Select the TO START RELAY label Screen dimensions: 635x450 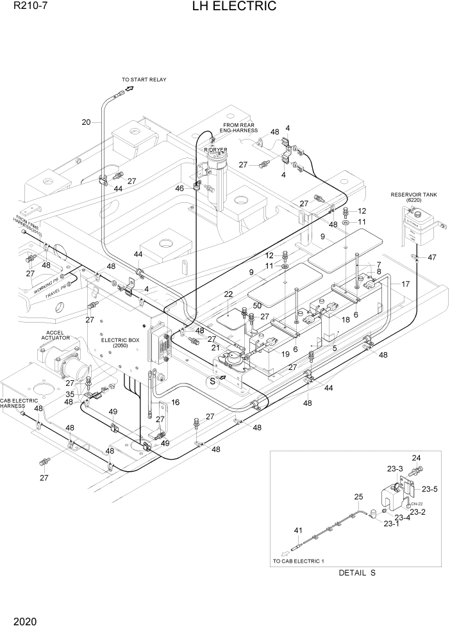(x=145, y=80)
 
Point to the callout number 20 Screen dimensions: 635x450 (x=87, y=122)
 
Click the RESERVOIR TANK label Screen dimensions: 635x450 (x=413, y=197)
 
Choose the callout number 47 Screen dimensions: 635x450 (x=432, y=257)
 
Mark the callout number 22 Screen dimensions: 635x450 (x=228, y=294)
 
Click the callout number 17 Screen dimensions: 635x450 (x=405, y=284)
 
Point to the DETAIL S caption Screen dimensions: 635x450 (x=357, y=573)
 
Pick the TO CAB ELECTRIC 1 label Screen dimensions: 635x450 (x=299, y=561)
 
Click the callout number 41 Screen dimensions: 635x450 (x=298, y=531)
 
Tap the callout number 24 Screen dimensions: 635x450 (x=416, y=458)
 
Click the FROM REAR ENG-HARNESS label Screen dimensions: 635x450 (x=240, y=129)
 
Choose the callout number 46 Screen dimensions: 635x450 (x=179, y=189)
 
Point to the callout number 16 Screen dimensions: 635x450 (x=175, y=403)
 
